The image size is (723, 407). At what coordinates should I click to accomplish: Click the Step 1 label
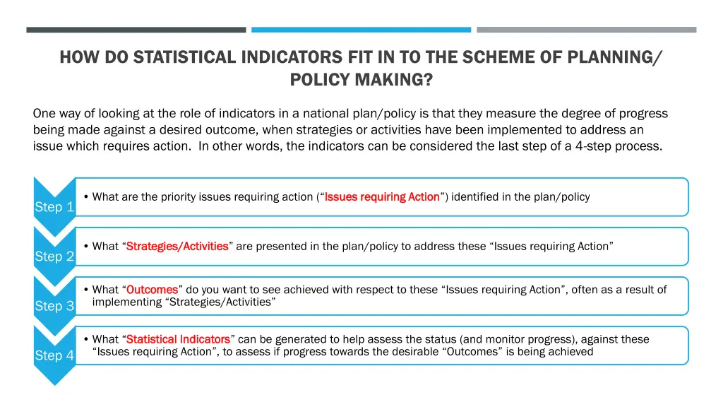click(54, 207)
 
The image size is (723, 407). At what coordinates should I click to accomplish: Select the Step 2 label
click(54, 256)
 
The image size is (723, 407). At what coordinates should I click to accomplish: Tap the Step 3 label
click(54, 306)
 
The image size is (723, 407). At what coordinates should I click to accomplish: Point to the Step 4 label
click(54, 355)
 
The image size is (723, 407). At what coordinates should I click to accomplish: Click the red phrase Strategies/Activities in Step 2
click(177, 247)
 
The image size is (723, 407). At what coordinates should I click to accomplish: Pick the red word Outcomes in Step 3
click(152, 290)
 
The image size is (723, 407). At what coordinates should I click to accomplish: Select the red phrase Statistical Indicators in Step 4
click(178, 339)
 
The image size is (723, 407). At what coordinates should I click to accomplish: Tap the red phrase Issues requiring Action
click(382, 197)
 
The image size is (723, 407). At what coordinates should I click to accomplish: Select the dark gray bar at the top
click(136, 30)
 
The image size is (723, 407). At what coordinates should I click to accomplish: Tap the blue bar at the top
click(361, 30)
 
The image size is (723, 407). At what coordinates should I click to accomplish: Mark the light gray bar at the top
click(586, 30)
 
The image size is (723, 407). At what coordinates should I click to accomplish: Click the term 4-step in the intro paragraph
click(611, 146)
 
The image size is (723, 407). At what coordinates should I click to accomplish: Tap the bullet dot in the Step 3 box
click(85, 290)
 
